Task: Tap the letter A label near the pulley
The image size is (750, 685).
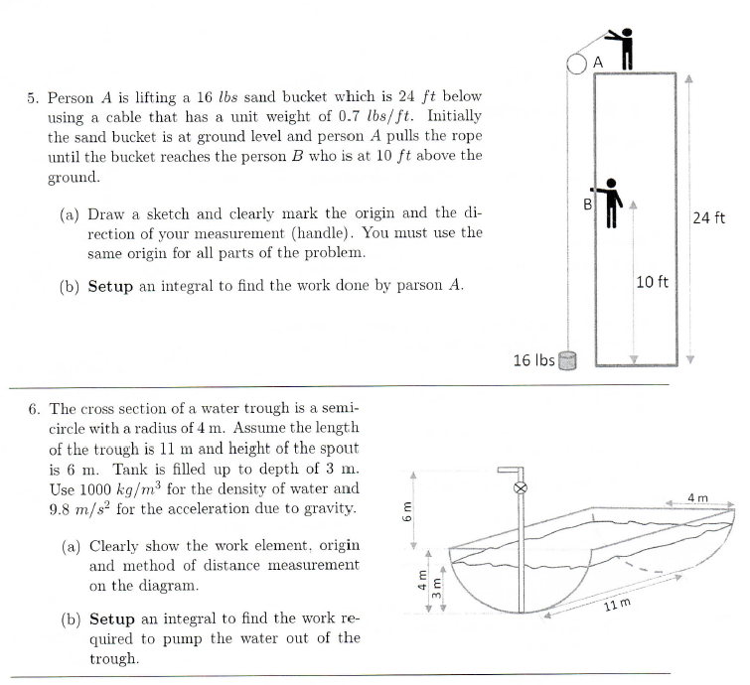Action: click(598, 62)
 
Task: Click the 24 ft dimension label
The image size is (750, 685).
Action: click(711, 217)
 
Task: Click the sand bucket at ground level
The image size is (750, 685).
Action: click(569, 358)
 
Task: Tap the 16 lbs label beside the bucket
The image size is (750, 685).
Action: click(534, 358)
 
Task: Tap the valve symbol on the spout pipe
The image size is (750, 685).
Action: click(517, 489)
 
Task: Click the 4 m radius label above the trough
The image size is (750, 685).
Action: click(699, 495)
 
